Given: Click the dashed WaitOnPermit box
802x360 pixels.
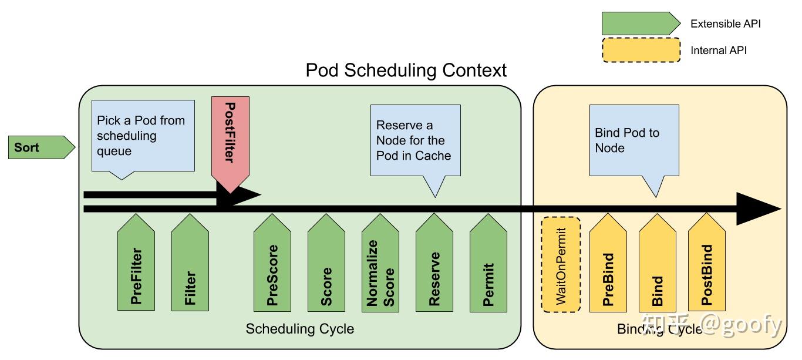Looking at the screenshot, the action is tap(561, 264).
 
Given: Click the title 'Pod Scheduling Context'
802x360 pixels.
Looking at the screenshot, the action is tap(406, 70).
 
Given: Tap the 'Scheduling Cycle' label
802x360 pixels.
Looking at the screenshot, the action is tap(299, 329).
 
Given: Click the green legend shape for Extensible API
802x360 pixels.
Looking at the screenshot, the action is tap(641, 23).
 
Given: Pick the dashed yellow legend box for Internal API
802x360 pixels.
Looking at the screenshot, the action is tap(641, 50).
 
